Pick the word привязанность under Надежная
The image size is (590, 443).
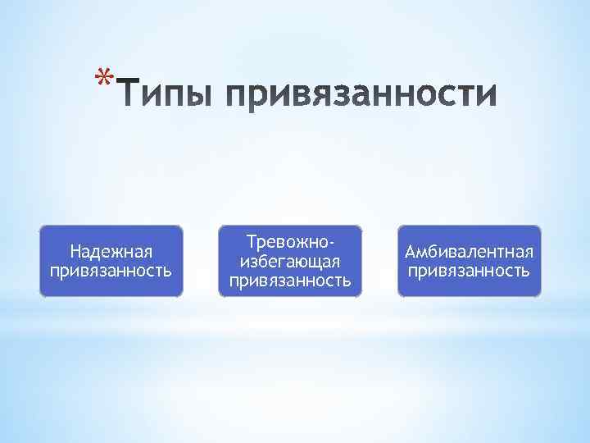coord(111,269)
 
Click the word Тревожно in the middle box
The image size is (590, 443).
coord(286,242)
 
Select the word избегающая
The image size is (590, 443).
coord(289,262)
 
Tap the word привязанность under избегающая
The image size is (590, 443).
coord(290,281)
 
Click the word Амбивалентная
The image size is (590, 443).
coord(470,251)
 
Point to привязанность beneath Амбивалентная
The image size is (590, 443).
coord(470,270)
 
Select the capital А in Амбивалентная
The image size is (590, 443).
coord(411,251)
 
